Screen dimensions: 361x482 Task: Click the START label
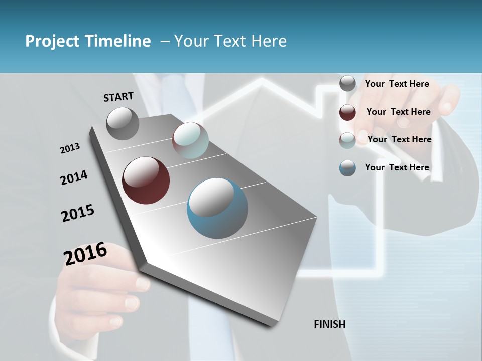tap(118, 97)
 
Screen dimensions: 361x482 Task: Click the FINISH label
tap(330, 324)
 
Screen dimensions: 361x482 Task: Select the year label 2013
tap(70, 148)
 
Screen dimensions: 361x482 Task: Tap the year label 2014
tap(74, 177)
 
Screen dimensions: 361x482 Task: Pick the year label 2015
tap(78, 213)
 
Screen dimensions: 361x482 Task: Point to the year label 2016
tap(85, 254)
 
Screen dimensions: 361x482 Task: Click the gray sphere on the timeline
tap(123, 124)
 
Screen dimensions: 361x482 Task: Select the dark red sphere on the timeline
tap(146, 180)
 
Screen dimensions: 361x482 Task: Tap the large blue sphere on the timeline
tap(217, 208)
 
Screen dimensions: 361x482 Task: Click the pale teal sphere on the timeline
tap(190, 140)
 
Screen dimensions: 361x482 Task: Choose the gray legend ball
tap(347, 83)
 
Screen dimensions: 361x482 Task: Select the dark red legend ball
tap(347, 112)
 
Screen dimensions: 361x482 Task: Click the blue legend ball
tap(347, 168)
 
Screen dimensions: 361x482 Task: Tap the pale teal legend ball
tap(347, 140)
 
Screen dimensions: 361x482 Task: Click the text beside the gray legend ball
tap(397, 84)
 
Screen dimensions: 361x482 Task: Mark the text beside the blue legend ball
tap(397, 167)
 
